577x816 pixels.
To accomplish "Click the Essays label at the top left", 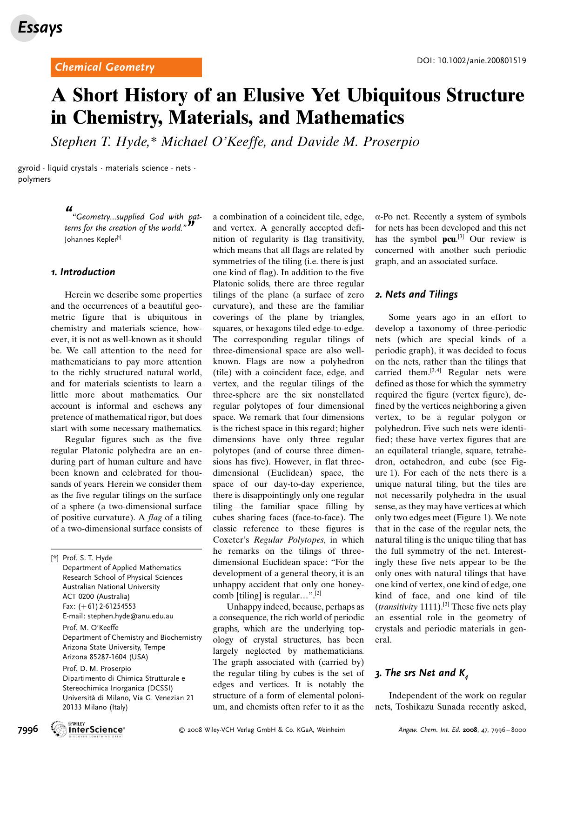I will coord(40,28).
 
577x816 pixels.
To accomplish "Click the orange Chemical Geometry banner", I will coord(126,67).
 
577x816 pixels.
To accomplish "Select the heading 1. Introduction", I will coord(83,272).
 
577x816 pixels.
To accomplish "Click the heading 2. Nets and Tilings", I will coord(416,294).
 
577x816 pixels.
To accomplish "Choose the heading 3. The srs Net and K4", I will coord(421,673).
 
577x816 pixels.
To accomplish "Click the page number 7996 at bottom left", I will coord(27,730).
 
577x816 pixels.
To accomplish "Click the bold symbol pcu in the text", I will coord(448,239).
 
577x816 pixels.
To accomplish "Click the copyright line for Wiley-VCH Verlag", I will coord(262,730).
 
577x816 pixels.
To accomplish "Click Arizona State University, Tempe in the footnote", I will coord(114,647).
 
